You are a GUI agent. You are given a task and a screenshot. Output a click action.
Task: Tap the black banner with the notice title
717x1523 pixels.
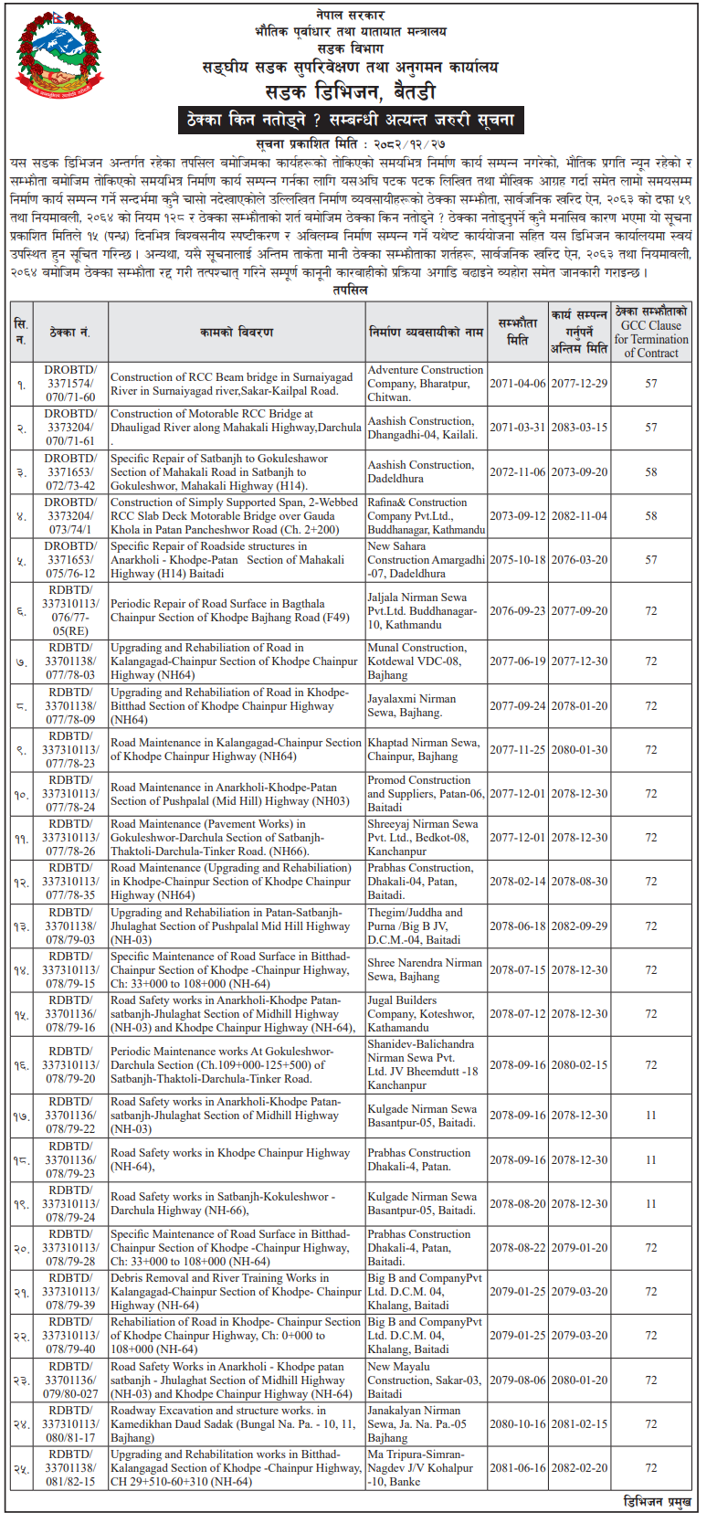click(351, 120)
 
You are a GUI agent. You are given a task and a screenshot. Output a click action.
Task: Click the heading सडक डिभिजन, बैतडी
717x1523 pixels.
click(351, 91)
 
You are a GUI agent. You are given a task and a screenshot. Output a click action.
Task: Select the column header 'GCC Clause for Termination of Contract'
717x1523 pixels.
click(650, 332)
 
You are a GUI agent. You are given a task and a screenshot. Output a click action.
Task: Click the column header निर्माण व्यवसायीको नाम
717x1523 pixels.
click(426, 332)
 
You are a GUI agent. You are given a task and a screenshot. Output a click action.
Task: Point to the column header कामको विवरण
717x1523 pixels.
click(237, 332)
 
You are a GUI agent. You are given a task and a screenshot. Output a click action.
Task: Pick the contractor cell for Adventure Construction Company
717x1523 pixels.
click(426, 384)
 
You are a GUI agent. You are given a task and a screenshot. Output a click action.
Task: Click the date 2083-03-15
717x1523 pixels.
click(579, 428)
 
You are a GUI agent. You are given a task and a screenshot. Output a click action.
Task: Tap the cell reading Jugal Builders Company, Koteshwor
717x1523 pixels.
click(426, 1014)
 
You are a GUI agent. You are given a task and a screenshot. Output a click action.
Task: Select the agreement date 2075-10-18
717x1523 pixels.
click(518, 560)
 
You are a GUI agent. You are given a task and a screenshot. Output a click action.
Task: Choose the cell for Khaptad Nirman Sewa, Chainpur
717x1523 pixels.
click(426, 749)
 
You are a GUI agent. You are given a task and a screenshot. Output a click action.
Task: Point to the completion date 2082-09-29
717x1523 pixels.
click(579, 925)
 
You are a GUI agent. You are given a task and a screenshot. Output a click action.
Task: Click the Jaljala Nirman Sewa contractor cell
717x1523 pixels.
click(426, 610)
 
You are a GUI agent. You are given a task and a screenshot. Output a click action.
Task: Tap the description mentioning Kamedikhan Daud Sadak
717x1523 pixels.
click(237, 1424)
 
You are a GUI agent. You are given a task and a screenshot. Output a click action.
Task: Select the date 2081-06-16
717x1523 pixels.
click(518, 1468)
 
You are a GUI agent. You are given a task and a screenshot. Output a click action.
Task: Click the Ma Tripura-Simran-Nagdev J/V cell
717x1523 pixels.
click(426, 1468)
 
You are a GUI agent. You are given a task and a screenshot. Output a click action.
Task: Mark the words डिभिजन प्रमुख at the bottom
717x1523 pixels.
click(657, 1502)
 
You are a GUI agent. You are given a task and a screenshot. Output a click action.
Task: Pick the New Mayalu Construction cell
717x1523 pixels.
click(426, 1380)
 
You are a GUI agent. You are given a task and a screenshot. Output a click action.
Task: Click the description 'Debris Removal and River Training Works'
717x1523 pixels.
click(237, 1292)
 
